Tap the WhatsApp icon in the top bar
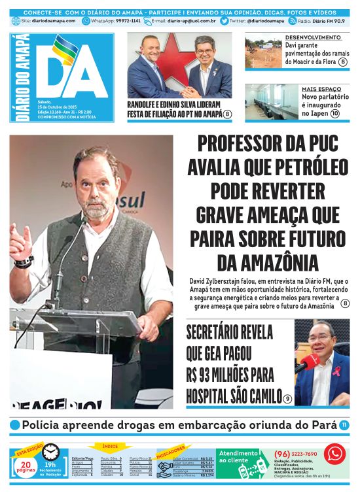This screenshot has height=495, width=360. coord(86,21)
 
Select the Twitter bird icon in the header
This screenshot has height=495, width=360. coord(225,21)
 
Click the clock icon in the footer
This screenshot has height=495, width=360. coord(50,452)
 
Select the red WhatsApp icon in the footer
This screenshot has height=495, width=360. coord(334,453)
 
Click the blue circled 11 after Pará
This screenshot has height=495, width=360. coord(344,425)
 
